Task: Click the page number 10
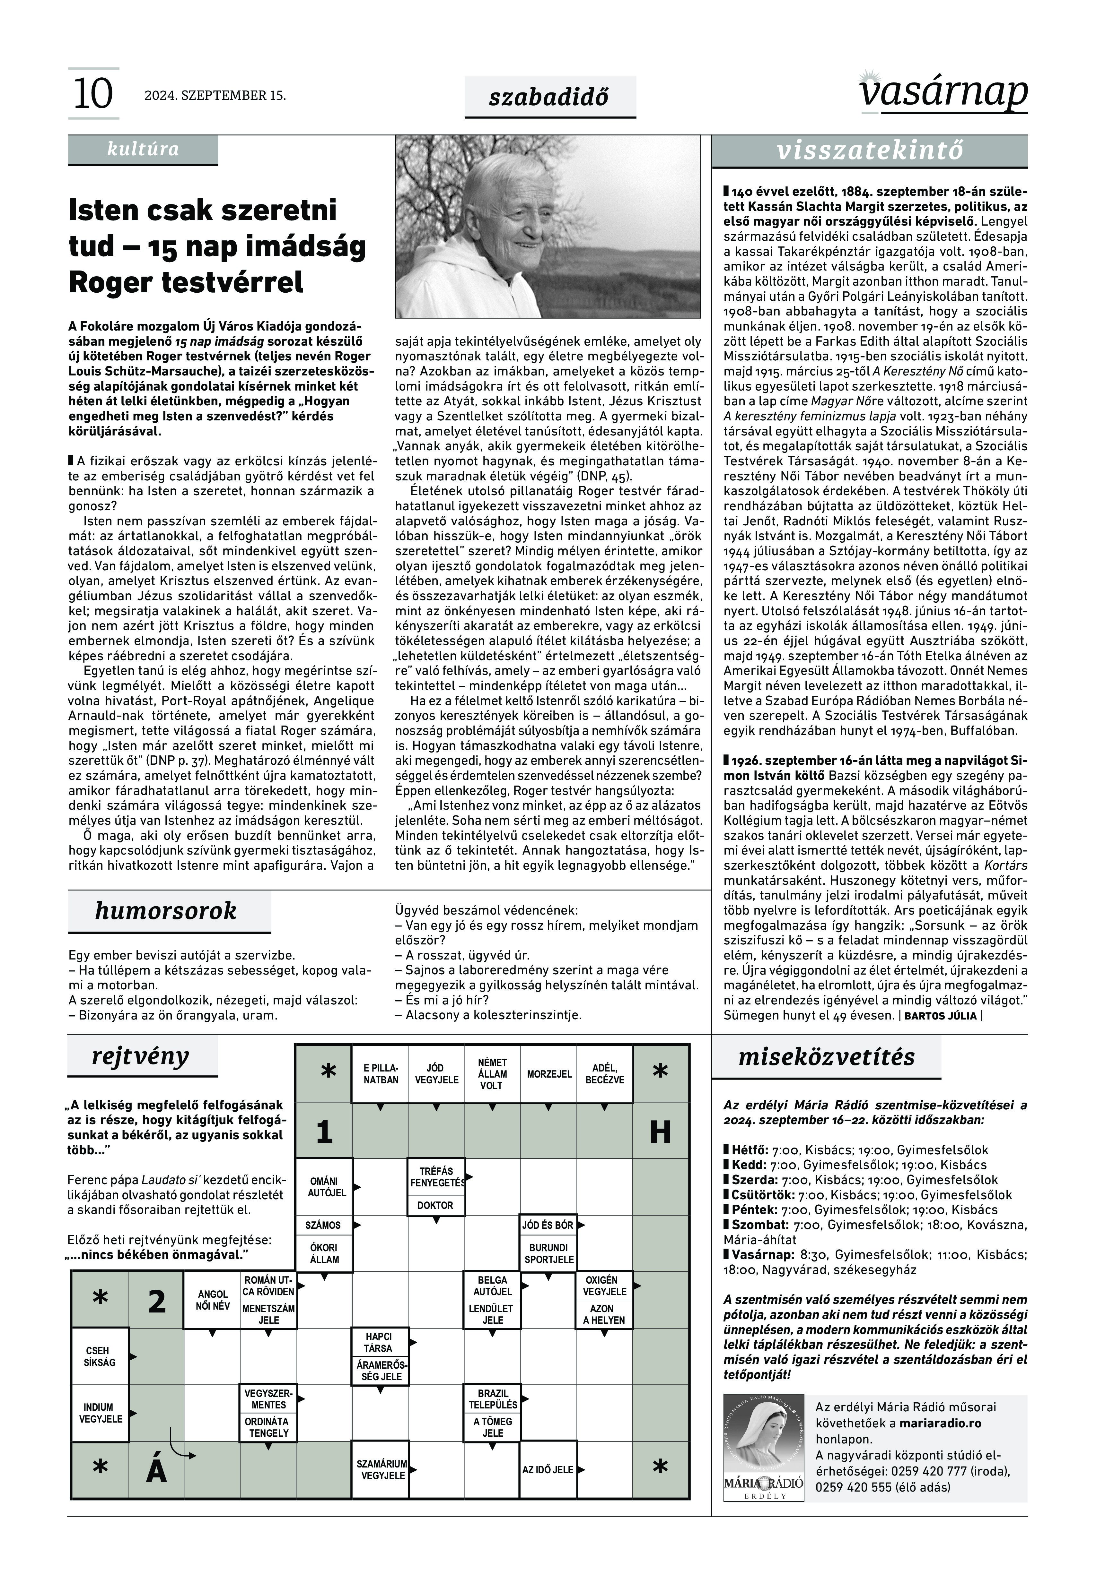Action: (93, 94)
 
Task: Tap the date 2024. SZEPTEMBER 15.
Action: (215, 95)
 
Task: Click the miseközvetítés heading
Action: (826, 1057)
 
